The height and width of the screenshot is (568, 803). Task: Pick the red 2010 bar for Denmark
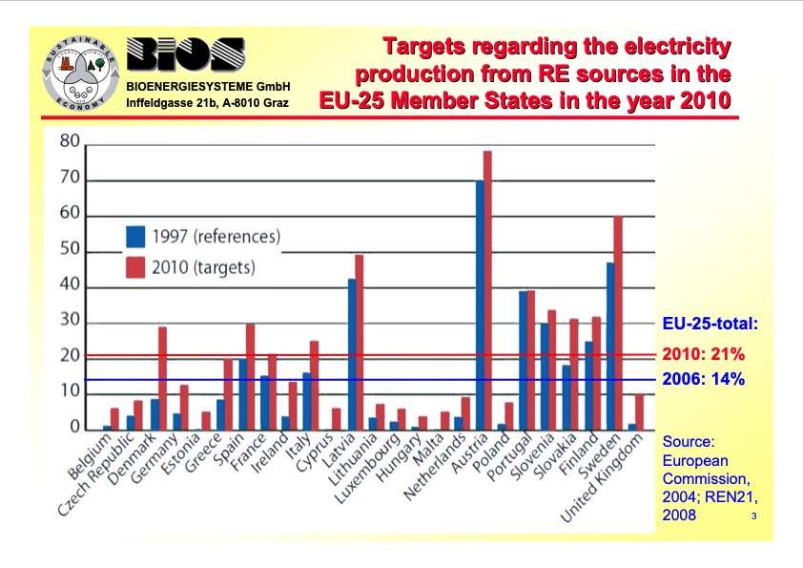click(x=162, y=377)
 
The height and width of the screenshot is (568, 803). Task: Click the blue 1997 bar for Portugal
click(x=523, y=359)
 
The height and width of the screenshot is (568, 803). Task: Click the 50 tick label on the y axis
click(x=70, y=252)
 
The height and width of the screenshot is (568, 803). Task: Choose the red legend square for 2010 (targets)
click(x=135, y=267)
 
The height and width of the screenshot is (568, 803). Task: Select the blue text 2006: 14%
click(x=704, y=379)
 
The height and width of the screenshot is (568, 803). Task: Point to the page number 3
click(x=753, y=516)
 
